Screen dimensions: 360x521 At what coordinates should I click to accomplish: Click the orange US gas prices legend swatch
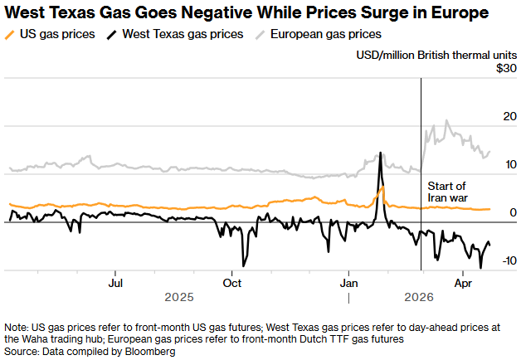[10, 35]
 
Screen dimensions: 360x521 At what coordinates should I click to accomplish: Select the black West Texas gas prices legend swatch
[112, 35]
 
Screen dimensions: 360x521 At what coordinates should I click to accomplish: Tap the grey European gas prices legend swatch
[260, 35]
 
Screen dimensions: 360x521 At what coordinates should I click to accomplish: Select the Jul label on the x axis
[116, 282]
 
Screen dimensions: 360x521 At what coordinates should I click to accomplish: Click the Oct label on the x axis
[233, 282]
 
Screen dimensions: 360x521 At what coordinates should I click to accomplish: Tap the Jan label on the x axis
[348, 282]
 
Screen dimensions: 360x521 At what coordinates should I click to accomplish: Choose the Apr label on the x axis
[463, 282]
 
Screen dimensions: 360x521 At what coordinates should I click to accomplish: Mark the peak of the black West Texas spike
[380, 153]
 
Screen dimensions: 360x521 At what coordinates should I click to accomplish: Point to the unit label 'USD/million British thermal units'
[436, 54]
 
